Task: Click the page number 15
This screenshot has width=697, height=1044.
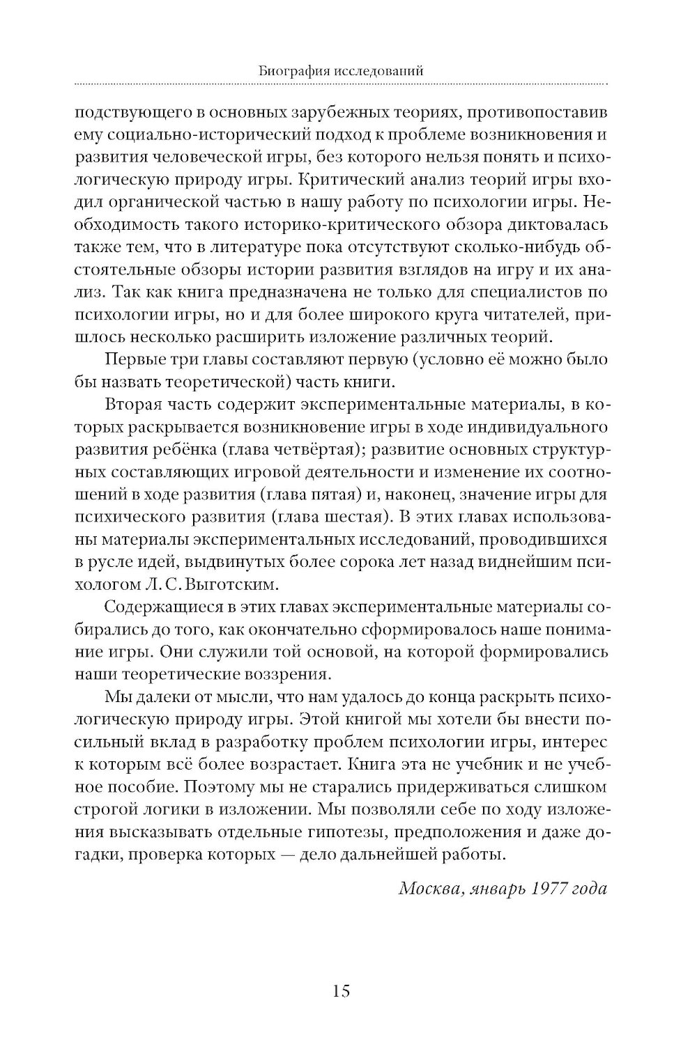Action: [341, 990]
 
